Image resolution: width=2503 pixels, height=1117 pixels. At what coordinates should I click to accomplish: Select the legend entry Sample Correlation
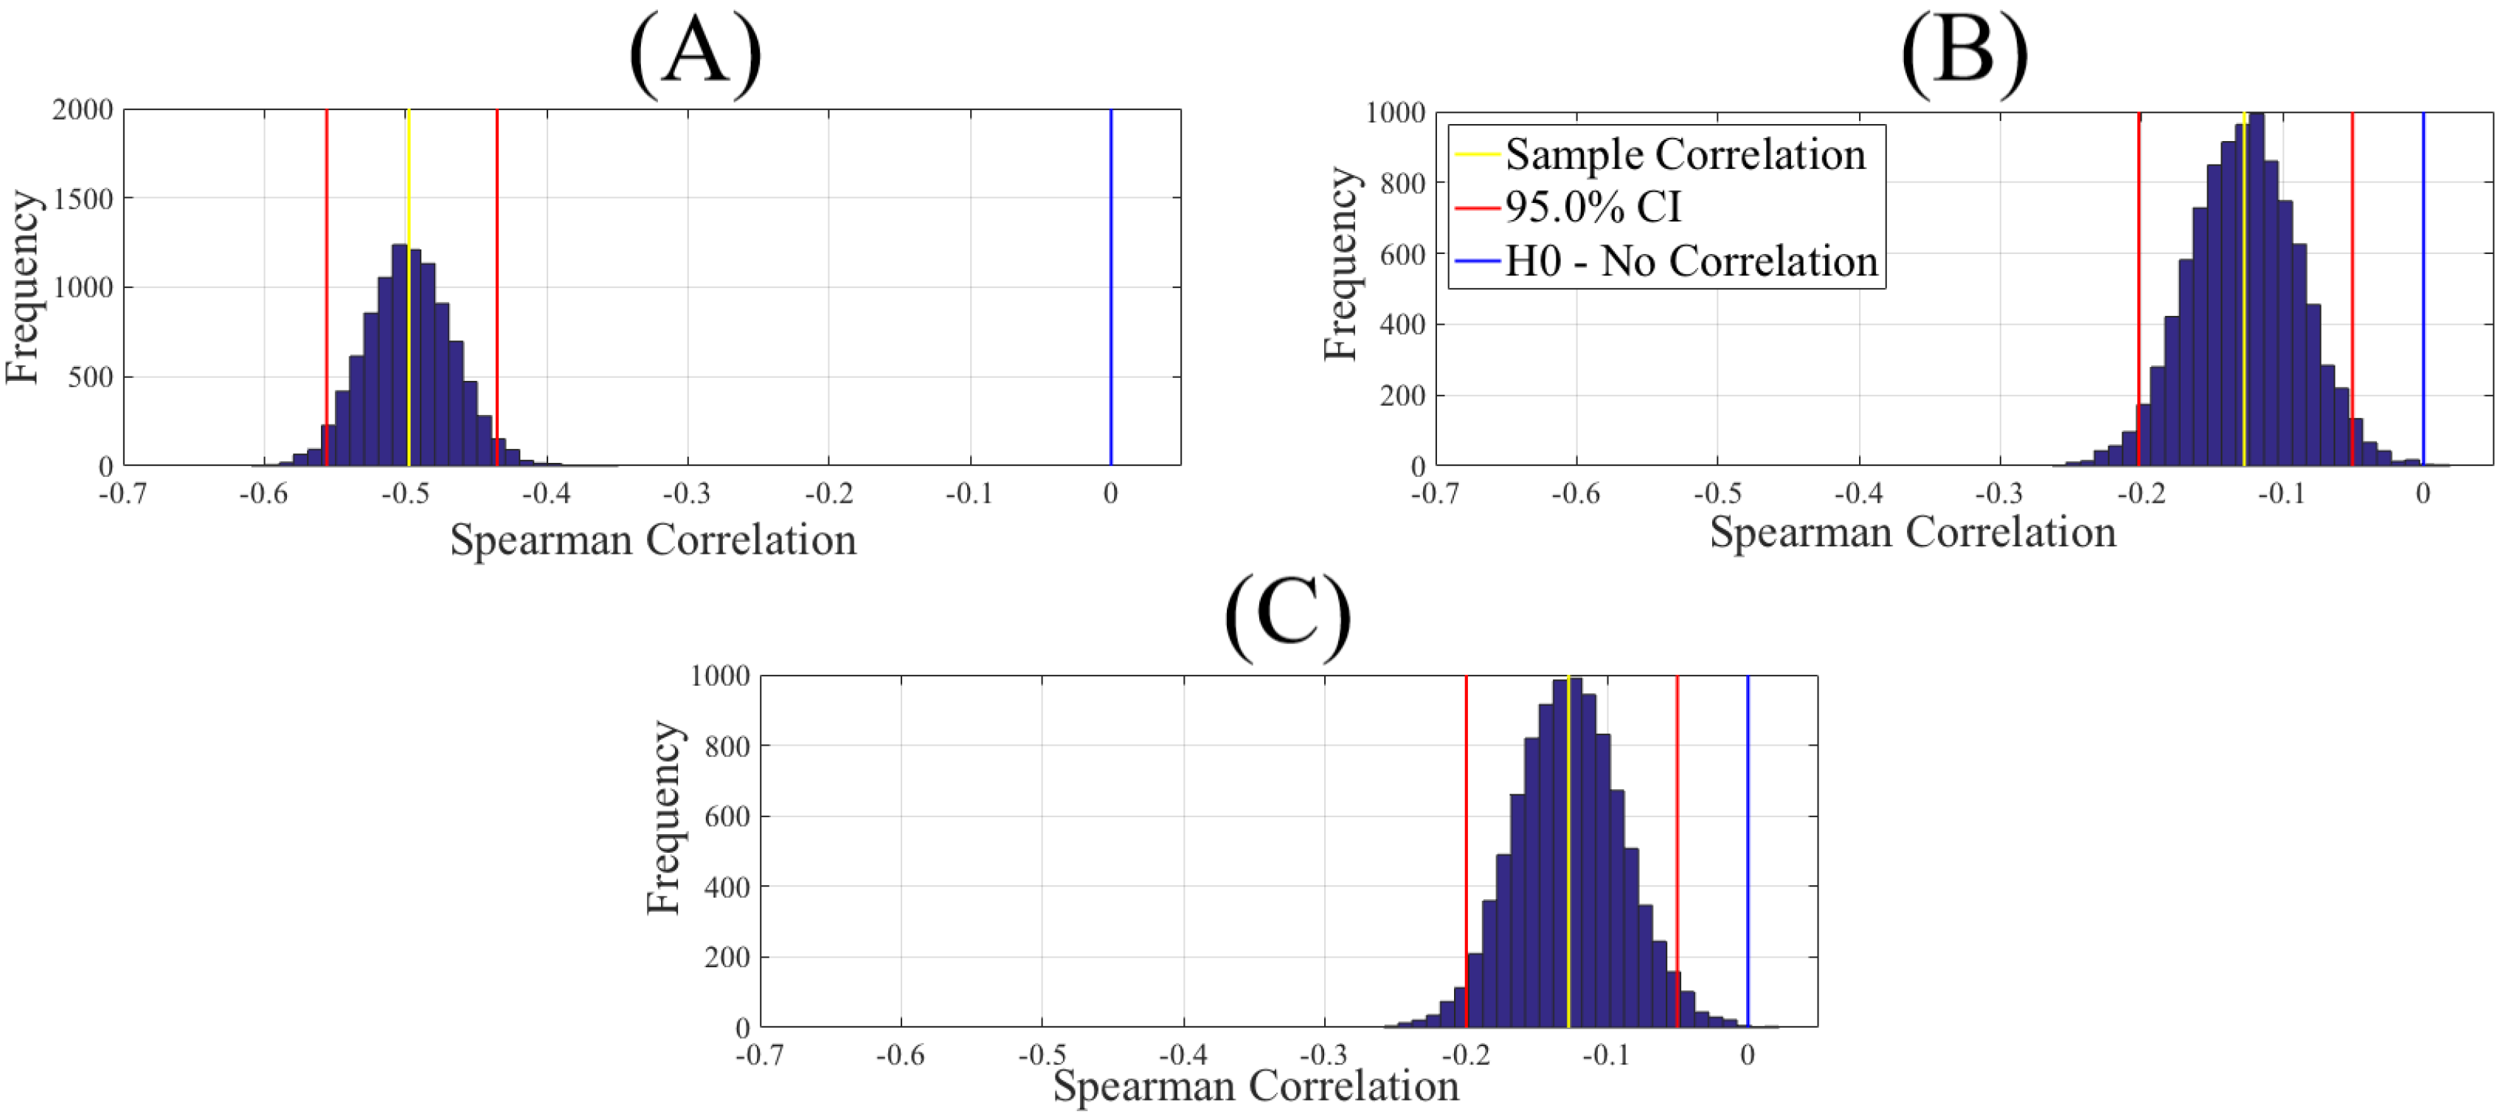(1684, 154)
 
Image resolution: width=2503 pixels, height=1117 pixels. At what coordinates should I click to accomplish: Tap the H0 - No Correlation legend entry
(1690, 261)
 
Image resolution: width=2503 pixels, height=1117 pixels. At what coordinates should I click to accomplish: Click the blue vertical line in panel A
(1111, 292)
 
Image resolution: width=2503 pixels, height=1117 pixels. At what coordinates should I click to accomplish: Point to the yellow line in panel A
(409, 175)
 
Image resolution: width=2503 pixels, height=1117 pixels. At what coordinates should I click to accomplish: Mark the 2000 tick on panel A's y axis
(83, 110)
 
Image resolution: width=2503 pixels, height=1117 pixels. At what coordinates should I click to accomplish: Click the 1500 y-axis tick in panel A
(83, 199)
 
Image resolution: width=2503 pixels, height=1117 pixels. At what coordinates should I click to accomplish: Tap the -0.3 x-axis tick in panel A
(687, 494)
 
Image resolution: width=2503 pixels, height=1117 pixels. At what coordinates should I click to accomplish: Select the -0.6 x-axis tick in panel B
(1575, 494)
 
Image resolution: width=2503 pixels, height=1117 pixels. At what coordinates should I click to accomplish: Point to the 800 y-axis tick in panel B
(1402, 184)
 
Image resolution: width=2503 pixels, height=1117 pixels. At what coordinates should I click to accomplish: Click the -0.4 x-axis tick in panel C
(1183, 1055)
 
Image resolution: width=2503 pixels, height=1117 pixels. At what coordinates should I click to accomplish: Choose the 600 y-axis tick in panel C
(727, 817)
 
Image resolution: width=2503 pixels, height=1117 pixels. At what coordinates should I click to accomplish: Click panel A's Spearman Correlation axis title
(653, 540)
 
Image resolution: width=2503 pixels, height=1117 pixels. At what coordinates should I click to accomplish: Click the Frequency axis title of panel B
(1341, 264)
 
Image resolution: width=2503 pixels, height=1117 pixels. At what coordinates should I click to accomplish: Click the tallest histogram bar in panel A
(399, 355)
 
